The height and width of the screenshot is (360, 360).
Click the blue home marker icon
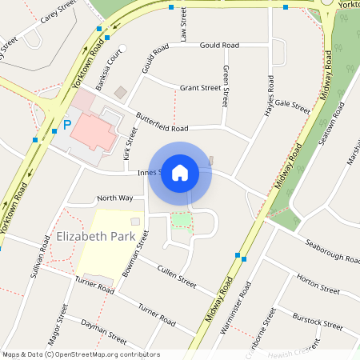click(x=180, y=173)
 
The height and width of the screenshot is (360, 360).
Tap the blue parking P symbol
click(x=67, y=125)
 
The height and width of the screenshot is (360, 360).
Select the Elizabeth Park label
click(x=94, y=237)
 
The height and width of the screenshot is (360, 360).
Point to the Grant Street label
click(x=200, y=88)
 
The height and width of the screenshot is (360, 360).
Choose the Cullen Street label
click(x=177, y=276)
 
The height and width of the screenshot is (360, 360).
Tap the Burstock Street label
click(x=317, y=322)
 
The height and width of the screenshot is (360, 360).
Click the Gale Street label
click(x=292, y=105)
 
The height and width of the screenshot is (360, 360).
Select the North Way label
click(x=114, y=198)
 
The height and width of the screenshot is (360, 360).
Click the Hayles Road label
click(x=270, y=96)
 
